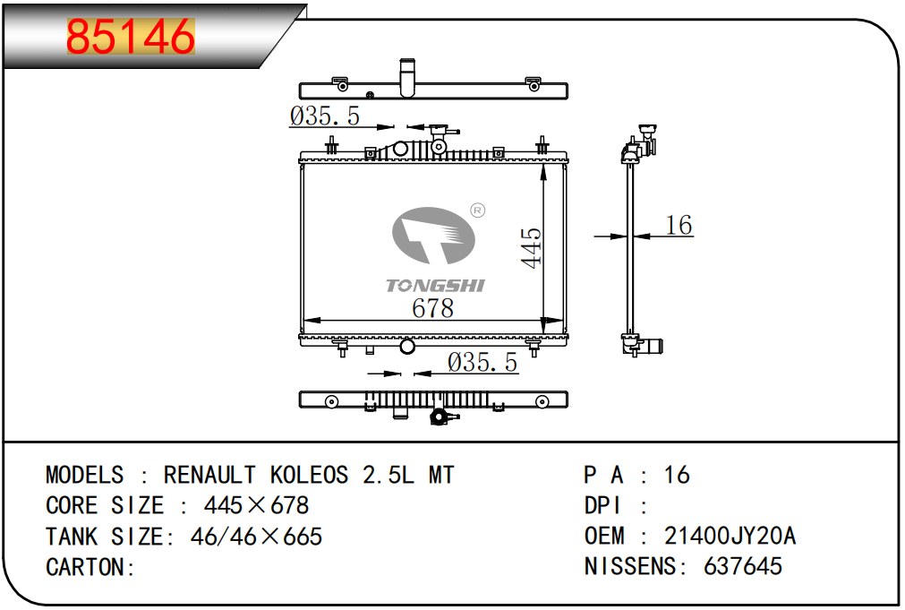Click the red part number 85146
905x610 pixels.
131,36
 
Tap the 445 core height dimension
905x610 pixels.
532,247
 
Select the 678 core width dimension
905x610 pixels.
433,308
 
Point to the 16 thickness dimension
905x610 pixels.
679,225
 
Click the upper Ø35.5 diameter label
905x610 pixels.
324,116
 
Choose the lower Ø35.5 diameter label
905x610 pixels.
482,362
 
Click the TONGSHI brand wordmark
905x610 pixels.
436,286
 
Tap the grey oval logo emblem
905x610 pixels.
433,235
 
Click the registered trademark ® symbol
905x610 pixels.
478,210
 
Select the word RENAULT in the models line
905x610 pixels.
209,476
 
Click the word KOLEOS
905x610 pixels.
310,476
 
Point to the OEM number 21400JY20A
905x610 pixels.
730,536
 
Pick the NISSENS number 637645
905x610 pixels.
743,566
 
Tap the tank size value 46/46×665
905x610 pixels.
256,537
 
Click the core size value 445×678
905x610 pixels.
256,505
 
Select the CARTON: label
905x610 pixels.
90,567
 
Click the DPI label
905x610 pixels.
602,505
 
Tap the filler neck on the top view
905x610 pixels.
407,77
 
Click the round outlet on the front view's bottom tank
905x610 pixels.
407,347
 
